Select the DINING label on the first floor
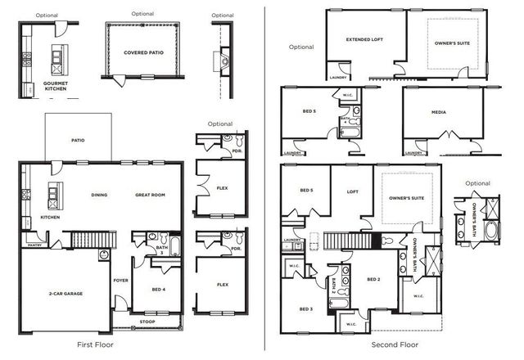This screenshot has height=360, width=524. (x=99, y=195)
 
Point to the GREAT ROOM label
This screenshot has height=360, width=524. (x=150, y=195)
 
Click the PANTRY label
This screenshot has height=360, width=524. (x=34, y=245)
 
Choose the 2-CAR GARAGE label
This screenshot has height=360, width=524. (x=65, y=293)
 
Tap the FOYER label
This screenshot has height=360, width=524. (x=121, y=279)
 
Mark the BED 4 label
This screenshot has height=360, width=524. (x=160, y=289)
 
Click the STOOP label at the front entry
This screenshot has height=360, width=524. (x=147, y=322)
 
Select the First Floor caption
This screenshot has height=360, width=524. (x=97, y=344)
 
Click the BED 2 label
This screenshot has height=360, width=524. (x=374, y=279)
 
